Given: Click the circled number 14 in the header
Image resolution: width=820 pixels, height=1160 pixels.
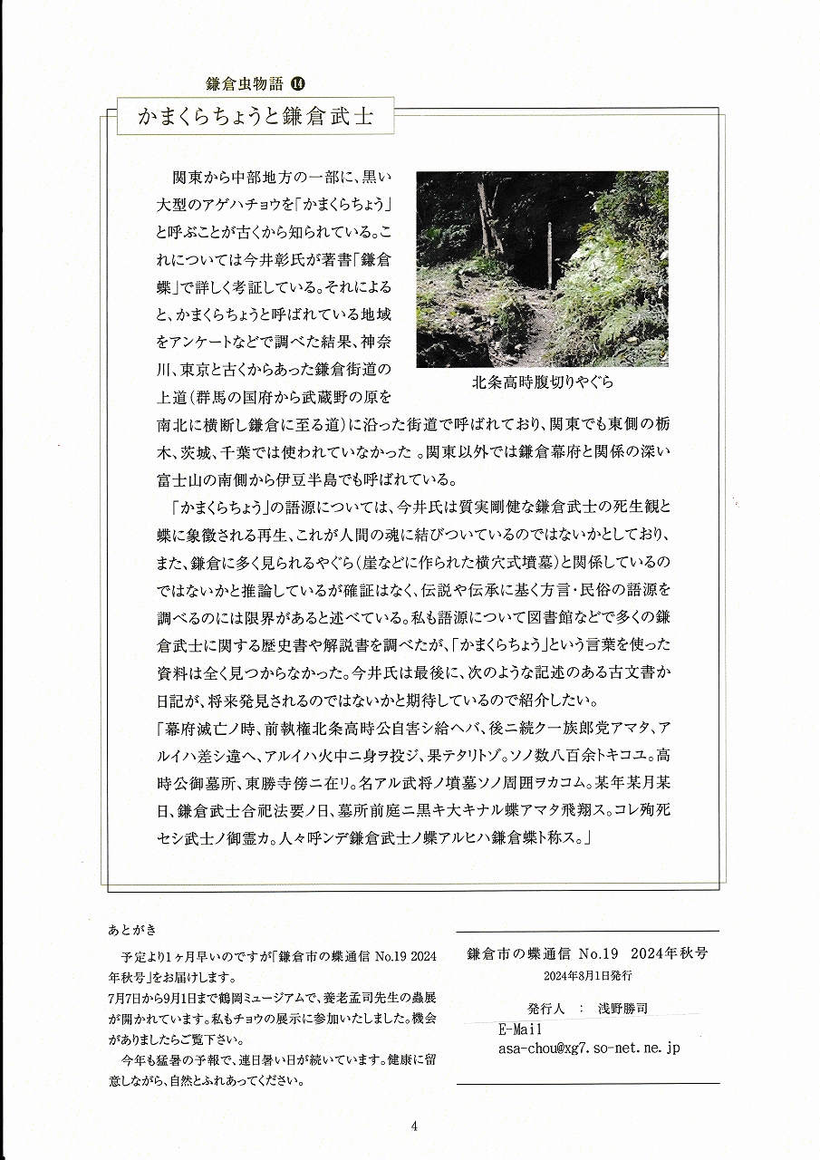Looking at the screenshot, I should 298,83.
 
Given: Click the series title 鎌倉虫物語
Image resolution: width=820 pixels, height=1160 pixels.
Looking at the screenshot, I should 246,83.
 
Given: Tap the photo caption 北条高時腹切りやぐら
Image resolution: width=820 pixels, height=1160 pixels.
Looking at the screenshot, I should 542,382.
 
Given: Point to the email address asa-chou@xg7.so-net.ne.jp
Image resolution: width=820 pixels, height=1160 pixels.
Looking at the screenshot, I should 589,1048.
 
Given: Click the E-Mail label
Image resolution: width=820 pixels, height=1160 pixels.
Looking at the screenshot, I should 520,1030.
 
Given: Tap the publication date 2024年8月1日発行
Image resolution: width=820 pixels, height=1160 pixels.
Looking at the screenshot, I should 588,976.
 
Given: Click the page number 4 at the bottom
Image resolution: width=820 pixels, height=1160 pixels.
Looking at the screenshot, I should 413,1126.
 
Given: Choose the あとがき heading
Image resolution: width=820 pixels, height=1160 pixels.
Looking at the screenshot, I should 131,931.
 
